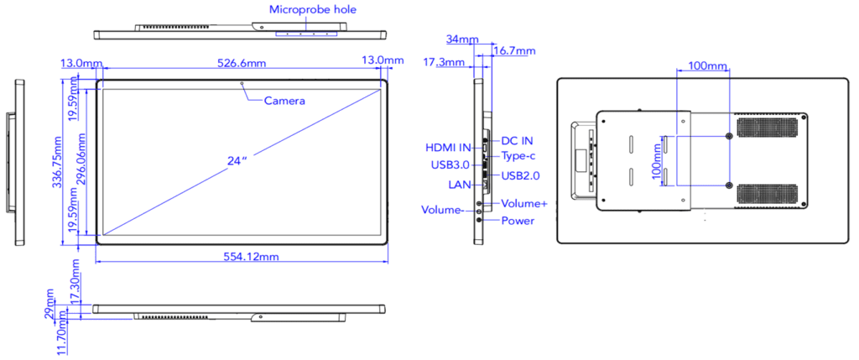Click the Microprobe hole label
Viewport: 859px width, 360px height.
tap(312, 10)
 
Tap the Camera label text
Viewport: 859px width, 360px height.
tap(284, 101)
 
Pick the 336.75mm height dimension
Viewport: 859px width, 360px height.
tap(56, 160)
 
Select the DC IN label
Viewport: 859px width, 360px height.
tap(517, 141)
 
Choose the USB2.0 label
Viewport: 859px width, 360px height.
tap(520, 175)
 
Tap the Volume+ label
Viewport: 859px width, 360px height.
tap(524, 204)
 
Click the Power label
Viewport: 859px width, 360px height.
tap(518, 222)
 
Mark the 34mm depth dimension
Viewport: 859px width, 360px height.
tap(462, 39)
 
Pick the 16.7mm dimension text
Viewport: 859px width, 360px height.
tap(513, 51)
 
